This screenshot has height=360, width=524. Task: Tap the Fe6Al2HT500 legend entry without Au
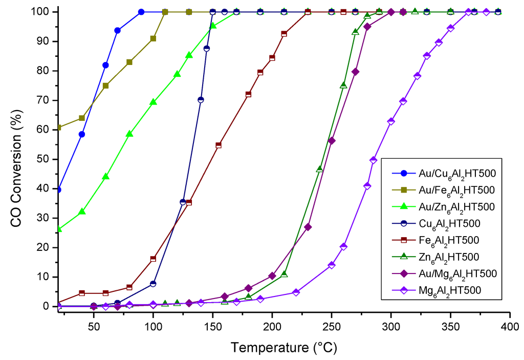coord(442,240)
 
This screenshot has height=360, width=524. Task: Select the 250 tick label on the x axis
coord(332,326)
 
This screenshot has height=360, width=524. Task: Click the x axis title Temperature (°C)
coord(283,348)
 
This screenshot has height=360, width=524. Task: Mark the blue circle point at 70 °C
coord(117,31)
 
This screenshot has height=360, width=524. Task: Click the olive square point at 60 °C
coord(105,86)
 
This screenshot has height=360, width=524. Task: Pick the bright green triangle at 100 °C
coord(153,102)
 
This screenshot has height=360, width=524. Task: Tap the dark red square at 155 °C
coord(219,145)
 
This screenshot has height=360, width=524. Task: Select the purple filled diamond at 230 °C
coord(308,227)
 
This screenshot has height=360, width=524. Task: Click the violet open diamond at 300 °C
coord(391,121)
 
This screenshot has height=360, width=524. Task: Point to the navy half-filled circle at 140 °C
coord(201,100)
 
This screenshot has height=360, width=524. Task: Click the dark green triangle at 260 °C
coord(343,85)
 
